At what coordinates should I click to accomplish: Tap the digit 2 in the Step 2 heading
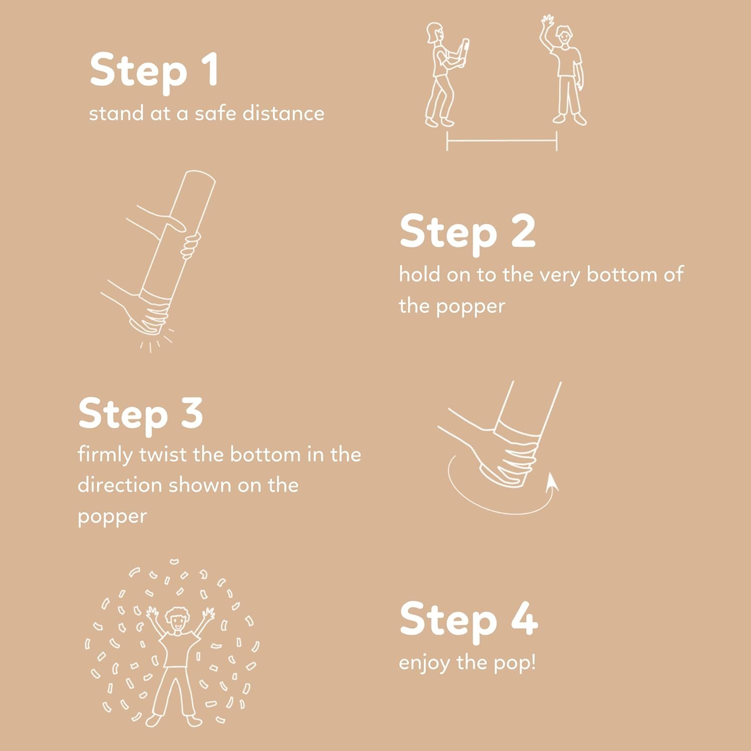coord(523,231)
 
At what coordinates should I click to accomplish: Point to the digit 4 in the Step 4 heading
coord(524,618)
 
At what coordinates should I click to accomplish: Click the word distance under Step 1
coord(283,113)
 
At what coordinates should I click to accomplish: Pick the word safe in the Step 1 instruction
coord(214,113)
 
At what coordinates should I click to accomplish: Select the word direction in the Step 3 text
coord(120,485)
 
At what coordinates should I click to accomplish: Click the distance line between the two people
coord(502,141)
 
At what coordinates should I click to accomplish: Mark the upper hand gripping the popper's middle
coord(190,246)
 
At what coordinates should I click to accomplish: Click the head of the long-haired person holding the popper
coord(434,34)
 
